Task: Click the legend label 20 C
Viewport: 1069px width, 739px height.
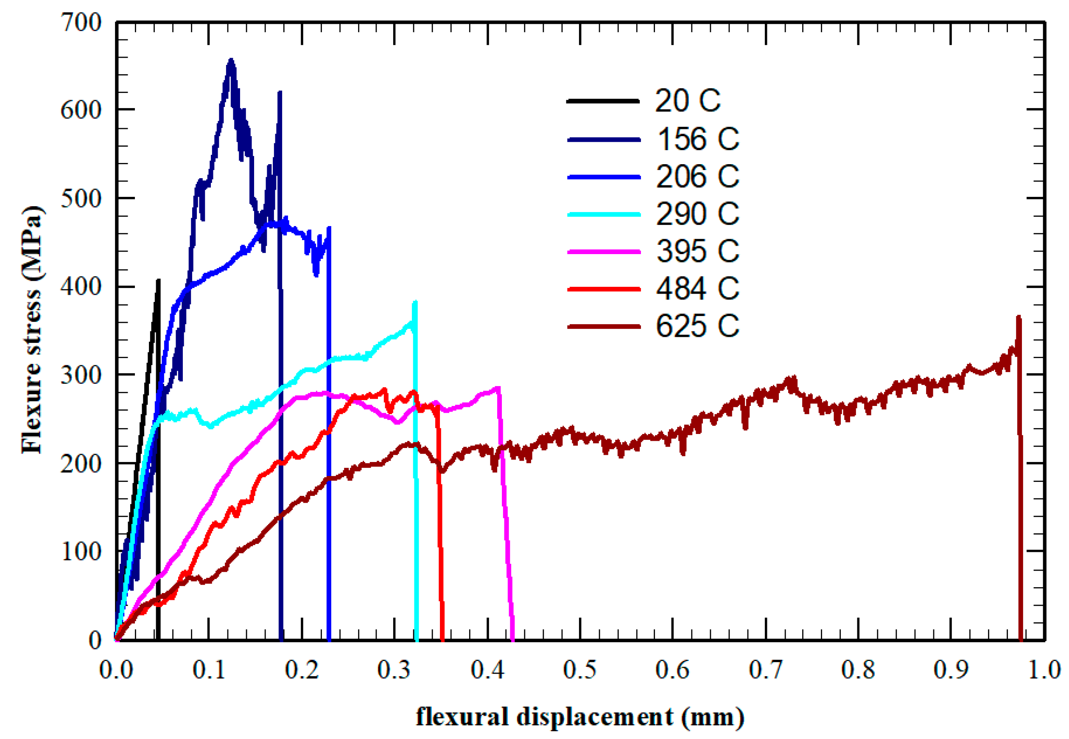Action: [687, 101]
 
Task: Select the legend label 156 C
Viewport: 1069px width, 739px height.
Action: [698, 138]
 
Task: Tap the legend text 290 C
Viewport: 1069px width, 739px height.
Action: [698, 214]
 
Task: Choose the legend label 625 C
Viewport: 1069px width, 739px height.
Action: [698, 326]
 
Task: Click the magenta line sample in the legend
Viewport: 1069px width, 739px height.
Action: [604, 252]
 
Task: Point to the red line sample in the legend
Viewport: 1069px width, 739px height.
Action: [604, 289]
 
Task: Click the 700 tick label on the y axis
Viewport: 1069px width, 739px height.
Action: [81, 22]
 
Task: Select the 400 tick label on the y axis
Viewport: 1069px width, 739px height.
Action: [81, 287]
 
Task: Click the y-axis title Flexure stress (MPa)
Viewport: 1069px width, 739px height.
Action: [32, 330]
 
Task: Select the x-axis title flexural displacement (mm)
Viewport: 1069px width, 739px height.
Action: [579, 717]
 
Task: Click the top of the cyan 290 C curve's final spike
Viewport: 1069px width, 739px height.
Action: [415, 302]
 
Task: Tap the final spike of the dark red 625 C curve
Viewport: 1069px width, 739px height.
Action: [1018, 318]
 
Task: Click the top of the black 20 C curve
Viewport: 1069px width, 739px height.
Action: [158, 280]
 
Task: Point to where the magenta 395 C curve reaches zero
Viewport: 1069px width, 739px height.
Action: [512, 640]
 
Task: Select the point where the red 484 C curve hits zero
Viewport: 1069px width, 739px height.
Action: [442, 640]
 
